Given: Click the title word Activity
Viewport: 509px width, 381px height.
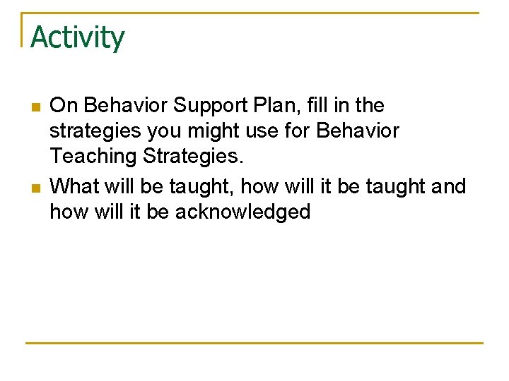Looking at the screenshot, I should (77, 37).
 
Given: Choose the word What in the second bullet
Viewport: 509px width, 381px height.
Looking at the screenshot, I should (74, 186).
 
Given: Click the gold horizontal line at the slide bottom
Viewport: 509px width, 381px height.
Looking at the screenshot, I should (254, 343).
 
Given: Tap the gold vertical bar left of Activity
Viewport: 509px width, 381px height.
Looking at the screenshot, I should (23, 30).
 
